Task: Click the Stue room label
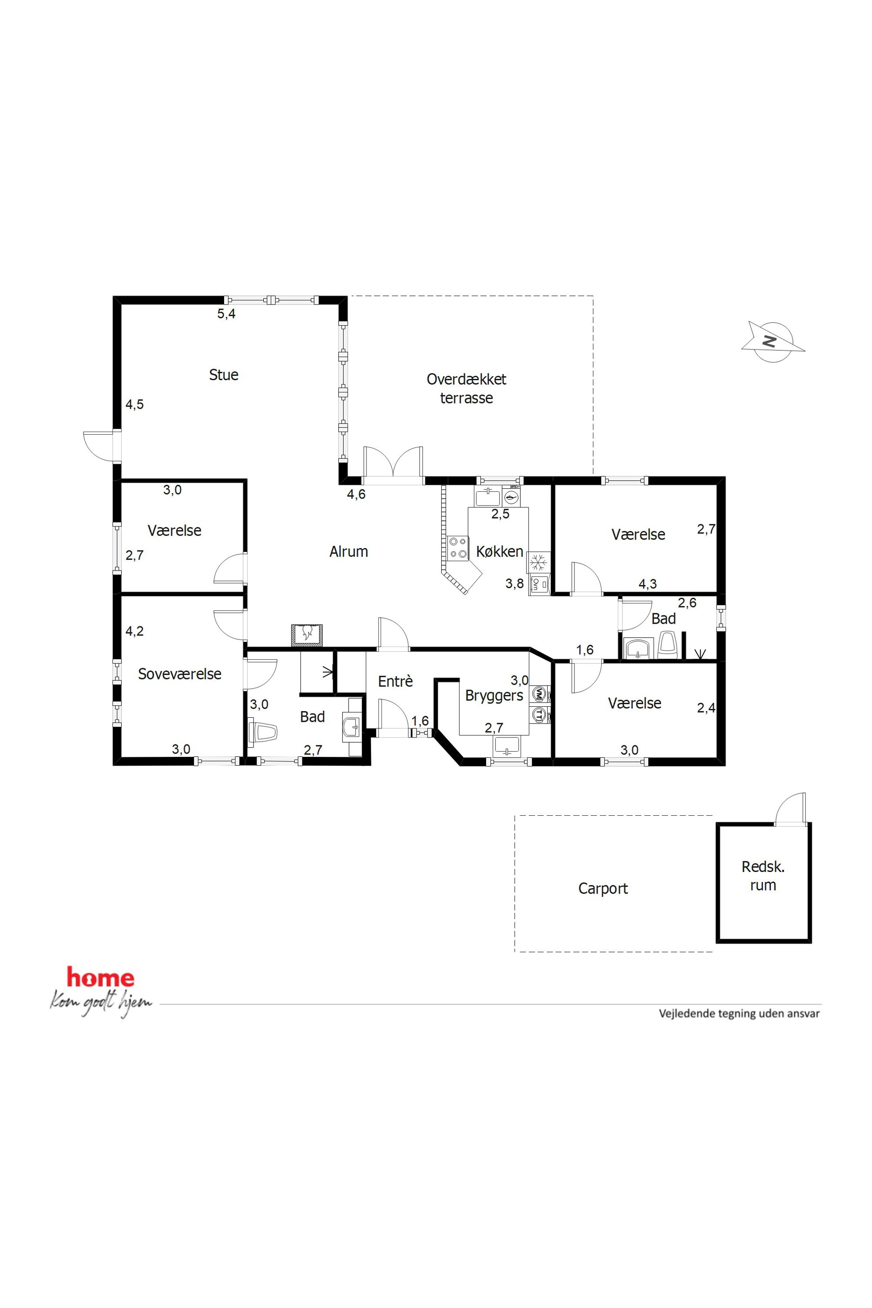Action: tap(224, 375)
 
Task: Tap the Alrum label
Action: tap(349, 552)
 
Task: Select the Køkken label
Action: tap(499, 552)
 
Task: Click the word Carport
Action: tap(603, 889)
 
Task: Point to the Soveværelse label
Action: tap(180, 674)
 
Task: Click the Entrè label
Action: tap(396, 681)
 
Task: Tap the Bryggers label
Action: tap(494, 696)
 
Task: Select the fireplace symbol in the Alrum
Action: tap(307, 635)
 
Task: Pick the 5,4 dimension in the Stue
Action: tap(226, 314)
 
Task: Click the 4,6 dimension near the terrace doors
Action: tap(356, 494)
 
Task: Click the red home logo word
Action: tap(101, 977)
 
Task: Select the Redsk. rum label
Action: tap(763, 876)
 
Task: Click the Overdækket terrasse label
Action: tap(467, 389)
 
